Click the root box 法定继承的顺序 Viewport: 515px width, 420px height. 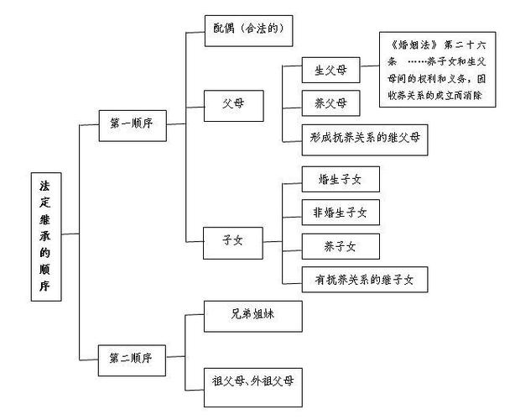pos(44,234)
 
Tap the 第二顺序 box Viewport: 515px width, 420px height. pos(130,357)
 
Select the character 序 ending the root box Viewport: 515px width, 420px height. pos(44,287)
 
